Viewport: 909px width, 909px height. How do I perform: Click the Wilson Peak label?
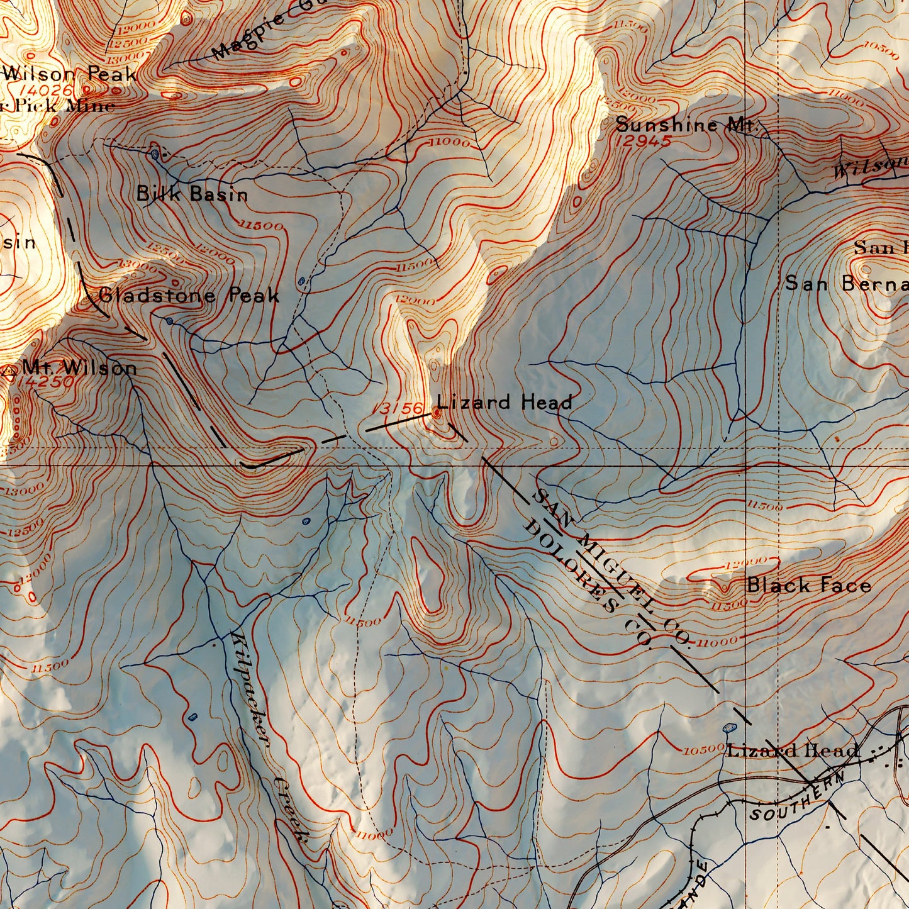[x=69, y=74]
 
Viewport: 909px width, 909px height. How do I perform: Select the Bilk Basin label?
[x=192, y=194]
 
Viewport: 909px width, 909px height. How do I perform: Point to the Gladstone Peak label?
[x=189, y=295]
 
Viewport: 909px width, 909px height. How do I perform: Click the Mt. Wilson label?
[x=79, y=368]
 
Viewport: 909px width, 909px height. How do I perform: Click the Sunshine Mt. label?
[x=686, y=125]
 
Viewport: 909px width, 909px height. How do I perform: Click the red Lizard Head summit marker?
[x=437, y=413]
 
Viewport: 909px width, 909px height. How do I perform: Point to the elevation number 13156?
[x=400, y=409]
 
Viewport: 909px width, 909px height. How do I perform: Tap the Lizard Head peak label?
[x=505, y=403]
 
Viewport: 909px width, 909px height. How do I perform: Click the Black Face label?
[x=808, y=586]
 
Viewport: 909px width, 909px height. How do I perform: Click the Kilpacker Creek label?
[x=267, y=736]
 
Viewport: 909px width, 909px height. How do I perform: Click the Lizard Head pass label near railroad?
[x=793, y=750]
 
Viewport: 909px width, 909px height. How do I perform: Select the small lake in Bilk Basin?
[x=155, y=153]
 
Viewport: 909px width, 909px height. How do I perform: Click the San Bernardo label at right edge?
[x=846, y=284]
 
